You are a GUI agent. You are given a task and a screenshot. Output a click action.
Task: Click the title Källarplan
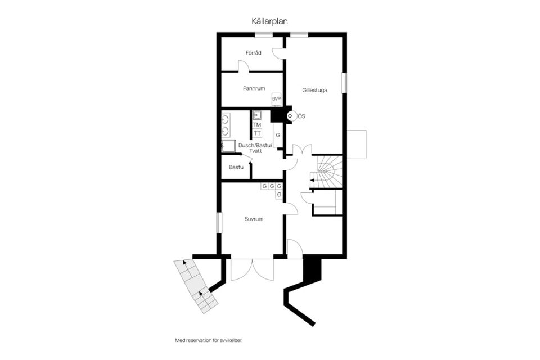(x=270, y=21)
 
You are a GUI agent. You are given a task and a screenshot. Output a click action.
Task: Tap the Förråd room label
(x=253, y=53)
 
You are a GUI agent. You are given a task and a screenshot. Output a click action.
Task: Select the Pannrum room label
(x=254, y=88)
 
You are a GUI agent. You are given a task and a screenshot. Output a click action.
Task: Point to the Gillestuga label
(x=314, y=89)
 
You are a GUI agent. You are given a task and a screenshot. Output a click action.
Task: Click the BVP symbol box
(x=276, y=99)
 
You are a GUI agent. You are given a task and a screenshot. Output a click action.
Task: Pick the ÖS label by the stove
(x=301, y=116)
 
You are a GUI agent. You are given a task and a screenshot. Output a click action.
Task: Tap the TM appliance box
(x=257, y=124)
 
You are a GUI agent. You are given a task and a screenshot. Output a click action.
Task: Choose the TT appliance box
(x=257, y=133)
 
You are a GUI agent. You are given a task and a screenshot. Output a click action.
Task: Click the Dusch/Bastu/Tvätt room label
(x=255, y=148)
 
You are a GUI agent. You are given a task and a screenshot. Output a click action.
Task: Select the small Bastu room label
(x=236, y=167)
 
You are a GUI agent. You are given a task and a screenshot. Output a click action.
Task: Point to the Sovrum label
(x=254, y=219)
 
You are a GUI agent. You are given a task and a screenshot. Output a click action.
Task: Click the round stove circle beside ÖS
(x=290, y=116)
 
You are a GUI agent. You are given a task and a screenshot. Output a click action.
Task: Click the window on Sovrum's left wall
(x=219, y=222)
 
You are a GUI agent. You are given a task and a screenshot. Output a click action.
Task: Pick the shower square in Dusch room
(x=229, y=146)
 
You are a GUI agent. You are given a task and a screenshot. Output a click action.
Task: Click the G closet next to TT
(x=277, y=136)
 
